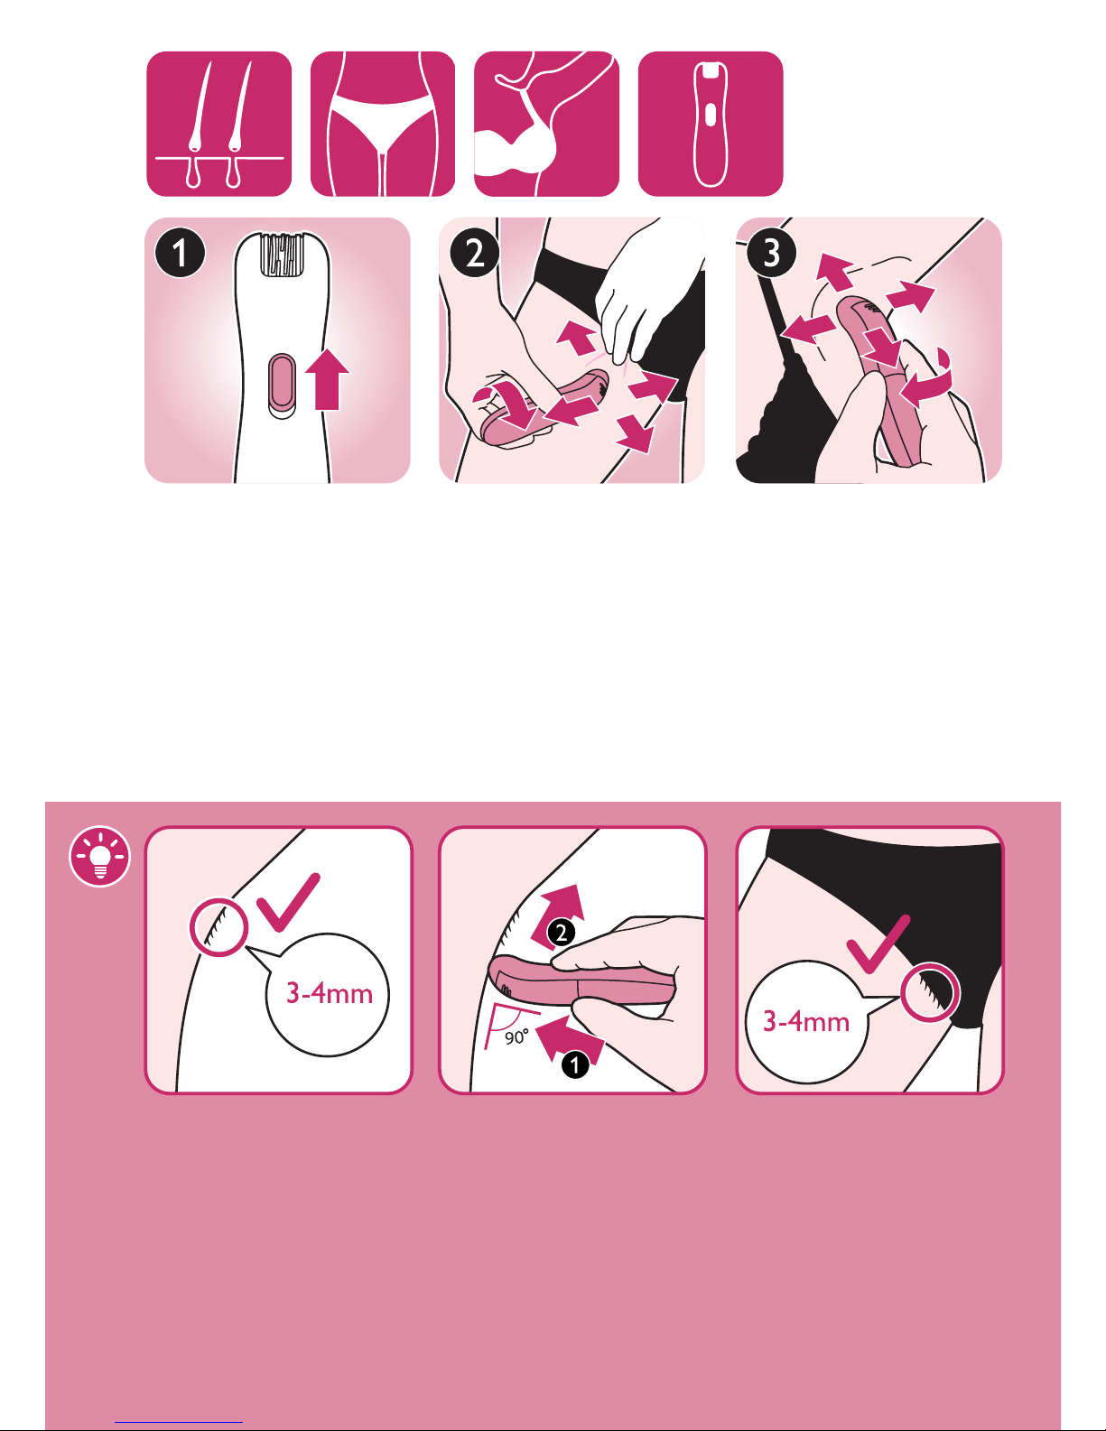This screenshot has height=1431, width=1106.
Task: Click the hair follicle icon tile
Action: (x=218, y=124)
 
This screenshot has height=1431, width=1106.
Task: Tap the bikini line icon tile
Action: (x=383, y=124)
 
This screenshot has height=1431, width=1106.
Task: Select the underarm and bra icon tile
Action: (x=546, y=124)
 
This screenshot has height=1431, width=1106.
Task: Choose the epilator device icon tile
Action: (x=711, y=124)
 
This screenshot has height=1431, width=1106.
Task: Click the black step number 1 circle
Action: (x=180, y=254)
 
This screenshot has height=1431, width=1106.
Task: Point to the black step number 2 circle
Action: (x=475, y=254)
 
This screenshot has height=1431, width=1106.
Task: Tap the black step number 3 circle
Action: (x=772, y=254)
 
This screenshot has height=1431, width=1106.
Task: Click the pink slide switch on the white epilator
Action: (x=283, y=386)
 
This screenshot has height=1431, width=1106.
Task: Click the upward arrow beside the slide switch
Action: (x=327, y=379)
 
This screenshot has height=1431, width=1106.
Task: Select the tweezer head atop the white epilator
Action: (x=283, y=255)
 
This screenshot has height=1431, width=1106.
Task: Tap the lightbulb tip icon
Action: (x=100, y=856)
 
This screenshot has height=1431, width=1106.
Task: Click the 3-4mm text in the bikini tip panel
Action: (x=806, y=1021)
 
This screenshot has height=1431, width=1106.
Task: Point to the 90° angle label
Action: (x=516, y=1038)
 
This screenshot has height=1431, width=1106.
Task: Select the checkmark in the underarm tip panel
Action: (x=288, y=902)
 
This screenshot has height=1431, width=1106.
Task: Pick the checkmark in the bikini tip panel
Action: (x=878, y=943)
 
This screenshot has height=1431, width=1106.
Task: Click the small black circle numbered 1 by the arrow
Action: (x=575, y=1064)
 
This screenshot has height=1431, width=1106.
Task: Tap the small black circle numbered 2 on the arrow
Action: (x=561, y=933)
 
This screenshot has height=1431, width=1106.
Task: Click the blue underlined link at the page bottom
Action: (x=179, y=1423)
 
